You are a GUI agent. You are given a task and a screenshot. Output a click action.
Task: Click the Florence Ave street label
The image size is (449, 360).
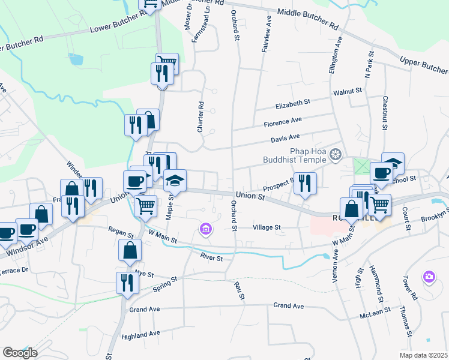[x=283, y=122]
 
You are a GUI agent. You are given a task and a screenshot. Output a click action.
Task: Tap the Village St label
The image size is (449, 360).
[x=267, y=228]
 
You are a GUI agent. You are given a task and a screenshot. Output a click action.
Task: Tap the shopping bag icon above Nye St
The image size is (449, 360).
[x=130, y=250]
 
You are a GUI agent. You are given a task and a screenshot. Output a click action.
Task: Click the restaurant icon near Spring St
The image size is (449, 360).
[x=126, y=283]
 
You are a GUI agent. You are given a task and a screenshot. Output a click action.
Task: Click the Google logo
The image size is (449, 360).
[x=20, y=353]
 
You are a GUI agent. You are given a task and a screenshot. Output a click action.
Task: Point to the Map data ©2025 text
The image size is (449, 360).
[x=424, y=355]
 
